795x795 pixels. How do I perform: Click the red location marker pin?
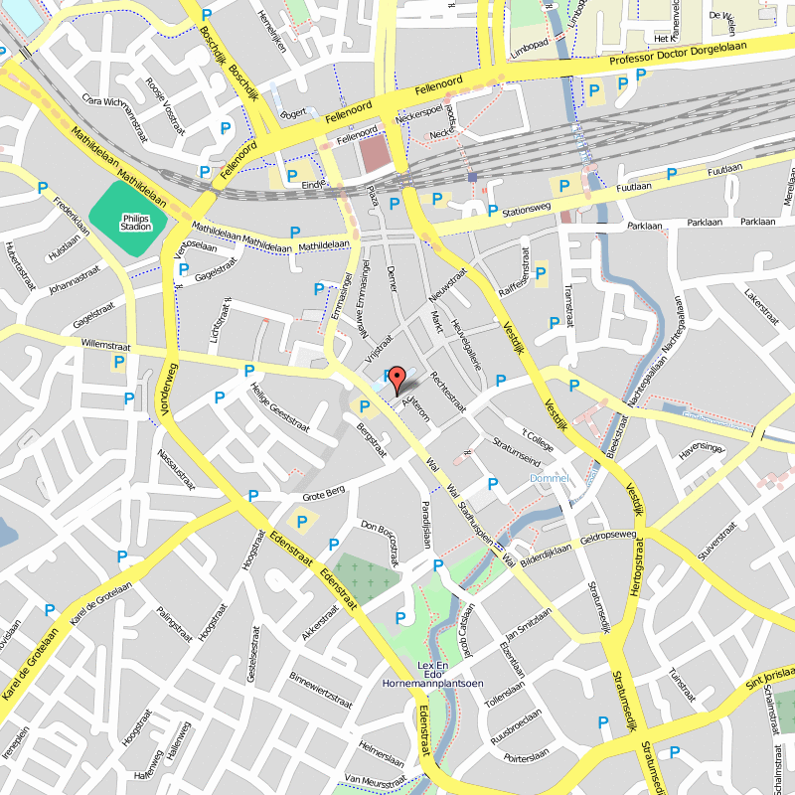pyautogui.click(x=396, y=380)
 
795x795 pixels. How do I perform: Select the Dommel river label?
pyautogui.click(x=550, y=478)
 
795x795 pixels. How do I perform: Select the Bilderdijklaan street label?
pyautogui.click(x=546, y=550)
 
